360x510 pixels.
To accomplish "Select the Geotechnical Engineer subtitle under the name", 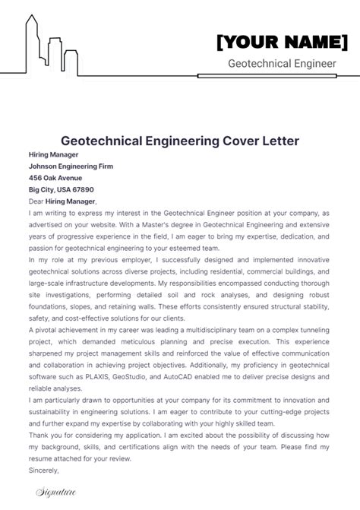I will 282,64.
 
